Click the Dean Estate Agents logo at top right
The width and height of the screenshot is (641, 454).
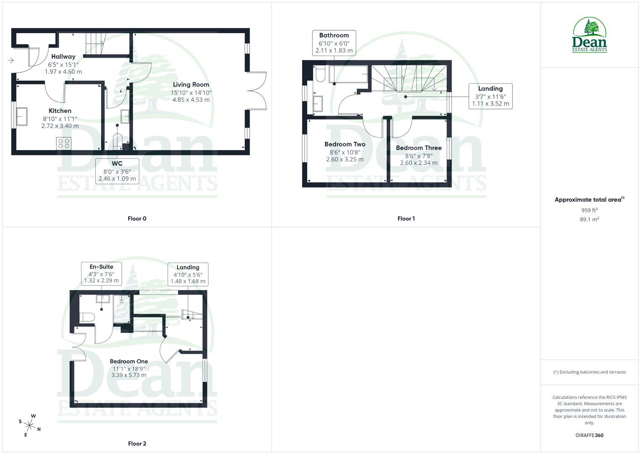[589, 35]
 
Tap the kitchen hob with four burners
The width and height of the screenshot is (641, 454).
[64, 143]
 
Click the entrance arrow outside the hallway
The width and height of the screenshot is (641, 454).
[11, 61]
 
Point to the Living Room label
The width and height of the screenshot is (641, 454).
[191, 84]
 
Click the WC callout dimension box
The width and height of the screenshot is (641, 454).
[117, 171]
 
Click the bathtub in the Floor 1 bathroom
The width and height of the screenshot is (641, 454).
[348, 74]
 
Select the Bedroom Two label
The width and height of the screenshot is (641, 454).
[345, 144]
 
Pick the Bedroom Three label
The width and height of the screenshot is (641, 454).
[419, 148]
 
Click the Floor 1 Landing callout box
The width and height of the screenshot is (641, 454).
[490, 96]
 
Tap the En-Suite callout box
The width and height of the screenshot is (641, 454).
[102, 274]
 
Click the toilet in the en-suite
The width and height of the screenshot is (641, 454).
[86, 317]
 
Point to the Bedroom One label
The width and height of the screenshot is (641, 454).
[129, 361]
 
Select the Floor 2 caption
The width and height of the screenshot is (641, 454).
[137, 443]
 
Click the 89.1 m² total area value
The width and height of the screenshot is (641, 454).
[589, 219]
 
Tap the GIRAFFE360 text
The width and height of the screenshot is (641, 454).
[589, 436]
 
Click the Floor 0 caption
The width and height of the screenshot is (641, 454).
[137, 219]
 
